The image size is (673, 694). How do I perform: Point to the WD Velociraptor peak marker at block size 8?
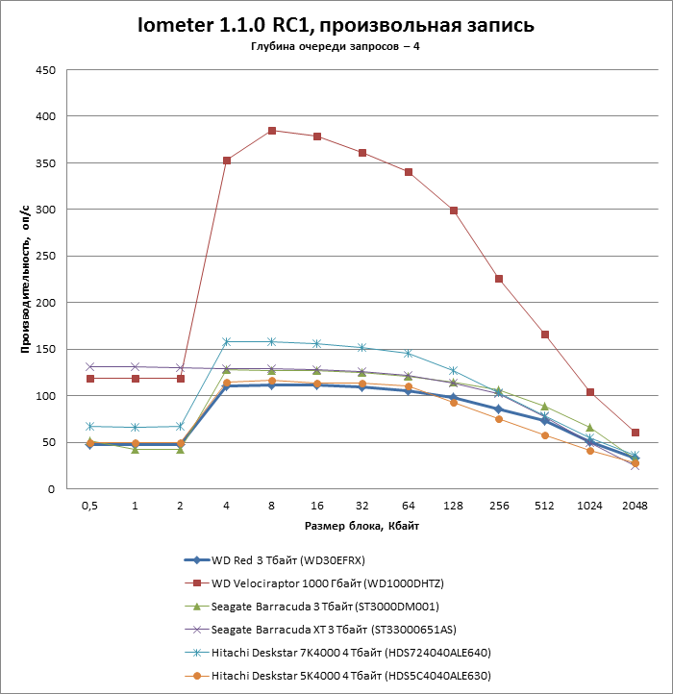(272, 131)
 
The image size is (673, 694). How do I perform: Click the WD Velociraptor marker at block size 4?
(227, 161)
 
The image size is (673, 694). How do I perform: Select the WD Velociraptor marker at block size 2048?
(635, 433)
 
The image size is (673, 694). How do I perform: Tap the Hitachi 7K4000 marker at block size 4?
(227, 342)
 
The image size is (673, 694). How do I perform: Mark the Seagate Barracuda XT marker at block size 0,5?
(90, 367)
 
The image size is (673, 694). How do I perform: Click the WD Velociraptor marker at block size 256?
(499, 279)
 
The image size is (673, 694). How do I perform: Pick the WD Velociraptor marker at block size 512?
(544, 335)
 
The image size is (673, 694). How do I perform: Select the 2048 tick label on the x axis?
(635, 507)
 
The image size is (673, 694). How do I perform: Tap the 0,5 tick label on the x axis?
(90, 507)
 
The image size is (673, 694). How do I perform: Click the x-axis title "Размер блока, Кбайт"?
(361, 526)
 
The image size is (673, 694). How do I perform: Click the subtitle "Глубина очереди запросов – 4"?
(336, 47)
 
